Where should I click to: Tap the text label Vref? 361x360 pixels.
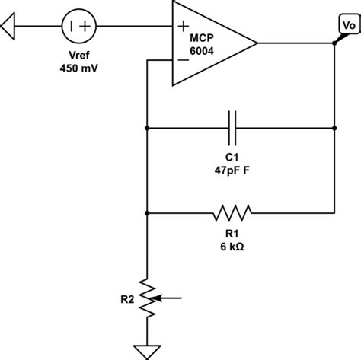79,56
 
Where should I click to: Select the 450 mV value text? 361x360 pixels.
79,68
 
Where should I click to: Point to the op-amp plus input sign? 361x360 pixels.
184,26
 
